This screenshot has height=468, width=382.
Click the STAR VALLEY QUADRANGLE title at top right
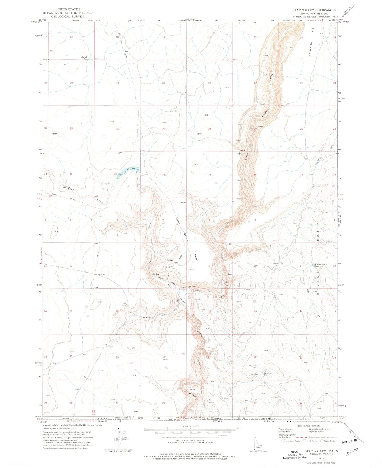coord(314,10)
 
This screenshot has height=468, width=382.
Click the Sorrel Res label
coord(84,58)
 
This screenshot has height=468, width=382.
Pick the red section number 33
coord(210,175)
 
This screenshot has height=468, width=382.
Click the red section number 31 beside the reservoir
coord(115,174)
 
